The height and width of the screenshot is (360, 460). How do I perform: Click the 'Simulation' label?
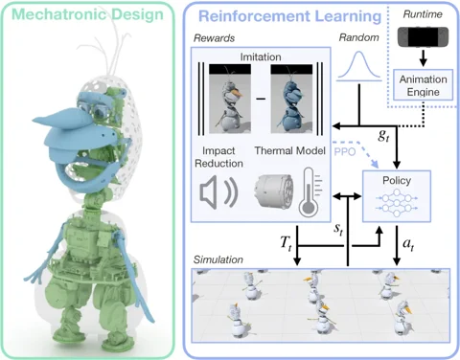coord(219,259)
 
